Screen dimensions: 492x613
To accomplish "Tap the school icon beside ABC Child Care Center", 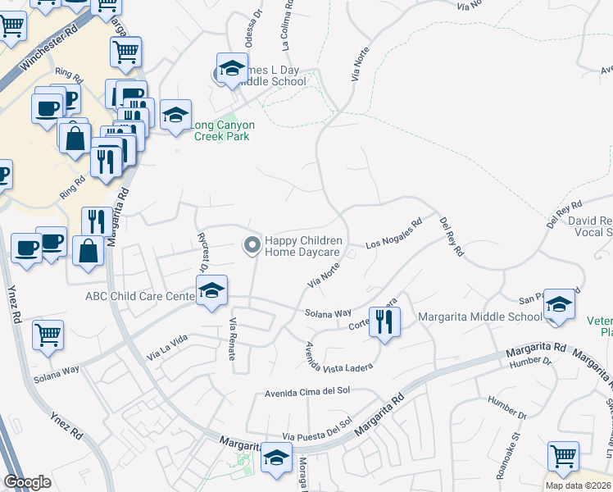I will tap(211, 291).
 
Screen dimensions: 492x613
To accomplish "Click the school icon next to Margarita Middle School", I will tap(559, 304).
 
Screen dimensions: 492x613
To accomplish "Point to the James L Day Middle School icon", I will tap(232, 69).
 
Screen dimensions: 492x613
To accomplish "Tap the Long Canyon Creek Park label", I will tap(222, 130).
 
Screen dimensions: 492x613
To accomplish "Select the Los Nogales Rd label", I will tap(393, 234).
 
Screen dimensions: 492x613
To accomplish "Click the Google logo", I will tap(27, 481).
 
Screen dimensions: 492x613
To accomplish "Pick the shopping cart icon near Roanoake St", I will tap(563, 456).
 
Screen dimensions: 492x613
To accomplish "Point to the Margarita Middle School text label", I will tap(480, 317).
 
